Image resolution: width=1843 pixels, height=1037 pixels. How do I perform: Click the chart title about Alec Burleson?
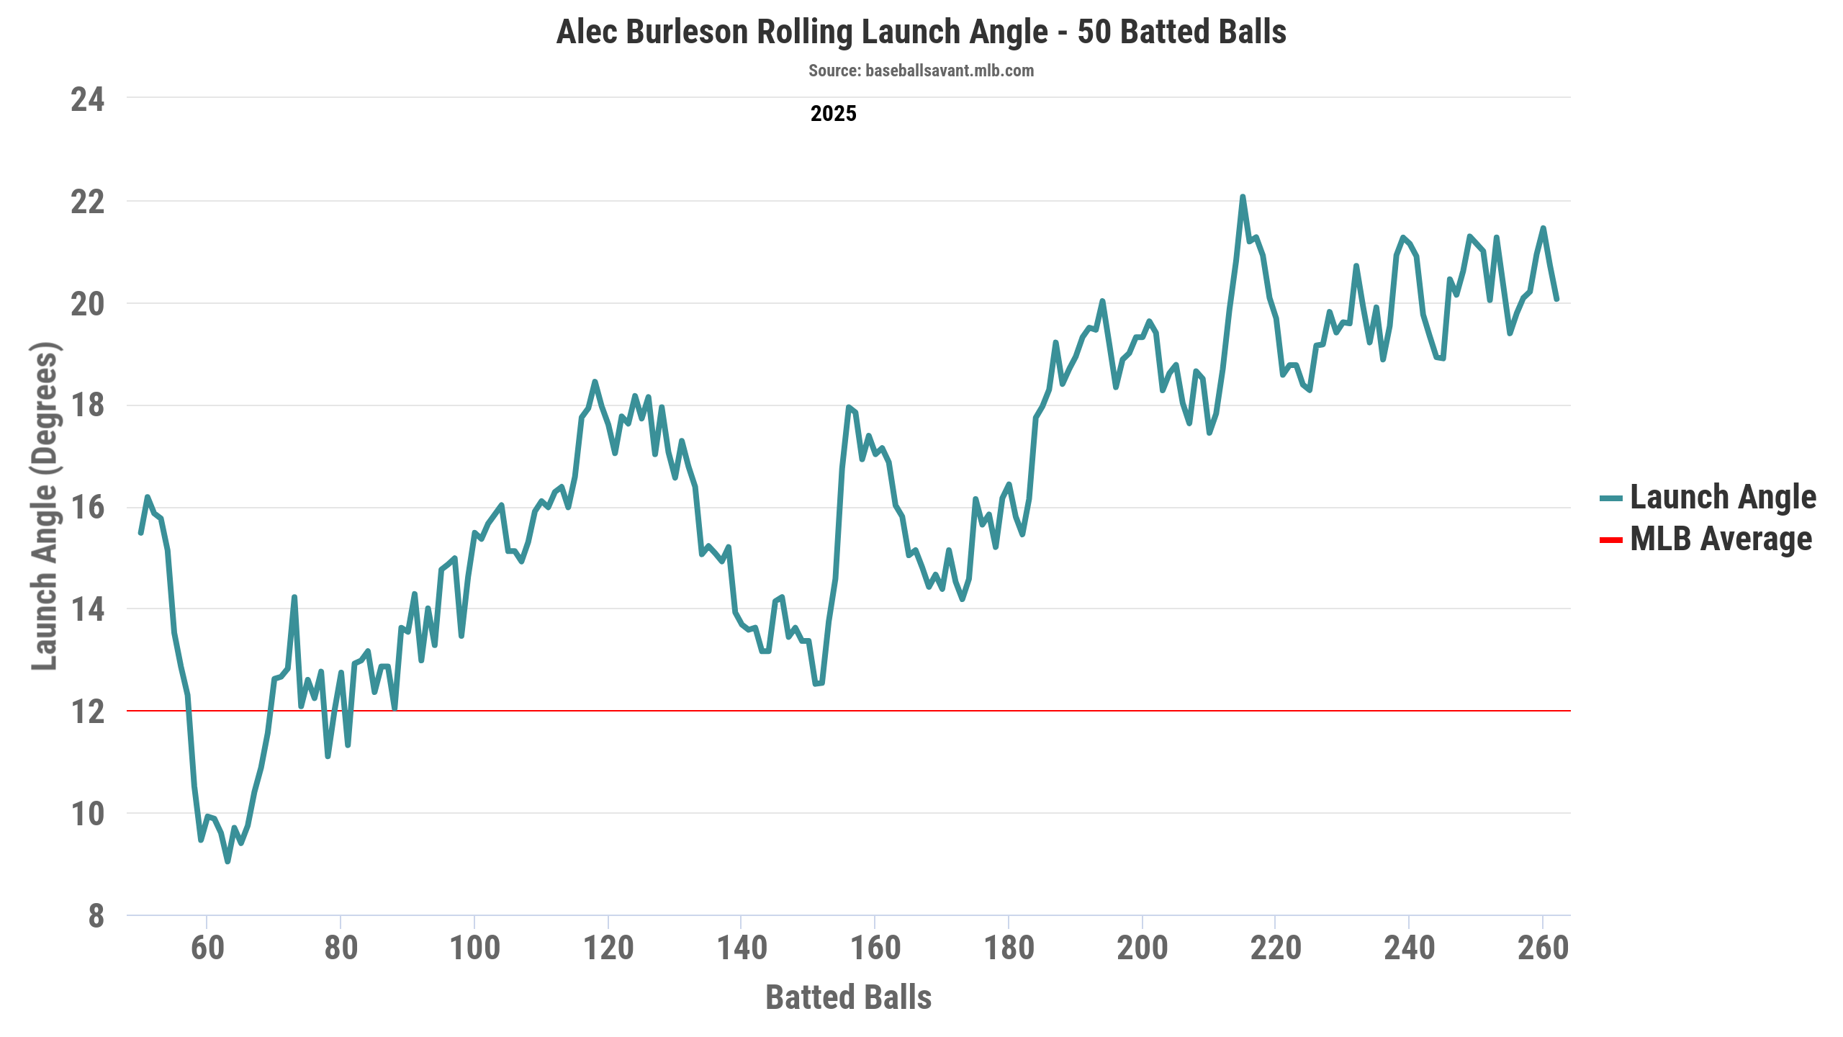tap(921, 32)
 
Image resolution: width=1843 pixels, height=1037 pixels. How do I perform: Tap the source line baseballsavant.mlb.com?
tap(921, 71)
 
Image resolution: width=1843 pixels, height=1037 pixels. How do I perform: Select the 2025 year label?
tap(833, 114)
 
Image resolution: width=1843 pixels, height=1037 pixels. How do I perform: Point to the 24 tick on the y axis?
tap(87, 99)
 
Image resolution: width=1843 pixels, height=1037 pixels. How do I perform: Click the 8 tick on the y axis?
tap(96, 916)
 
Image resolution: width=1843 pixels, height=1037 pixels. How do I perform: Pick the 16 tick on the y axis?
tap(87, 508)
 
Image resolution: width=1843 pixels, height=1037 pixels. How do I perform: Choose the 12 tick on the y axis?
tap(87, 711)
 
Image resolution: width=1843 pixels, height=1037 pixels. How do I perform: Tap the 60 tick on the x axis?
tap(207, 948)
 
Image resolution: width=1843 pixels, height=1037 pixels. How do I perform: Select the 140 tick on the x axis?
tap(742, 948)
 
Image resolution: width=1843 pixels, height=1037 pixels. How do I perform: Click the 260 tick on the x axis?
tap(1543, 948)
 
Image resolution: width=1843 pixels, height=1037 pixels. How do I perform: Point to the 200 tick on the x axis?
tap(1143, 948)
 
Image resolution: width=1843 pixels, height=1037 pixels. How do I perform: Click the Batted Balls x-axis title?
tap(848, 997)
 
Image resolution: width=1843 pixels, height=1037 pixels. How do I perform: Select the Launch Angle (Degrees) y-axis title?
tap(45, 506)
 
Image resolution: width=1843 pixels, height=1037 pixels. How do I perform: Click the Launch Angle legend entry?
tap(1722, 497)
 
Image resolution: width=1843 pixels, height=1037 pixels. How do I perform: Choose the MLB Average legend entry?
tap(1720, 539)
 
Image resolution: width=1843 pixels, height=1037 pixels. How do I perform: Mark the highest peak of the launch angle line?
tap(1243, 197)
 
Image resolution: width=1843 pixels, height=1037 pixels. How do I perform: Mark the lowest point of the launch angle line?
tap(227, 861)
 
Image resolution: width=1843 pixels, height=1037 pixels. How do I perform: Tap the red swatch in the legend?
tap(1610, 539)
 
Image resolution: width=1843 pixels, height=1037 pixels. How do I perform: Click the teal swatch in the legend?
tap(1610, 498)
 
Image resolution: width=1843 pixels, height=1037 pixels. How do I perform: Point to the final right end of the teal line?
tap(1556, 299)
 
